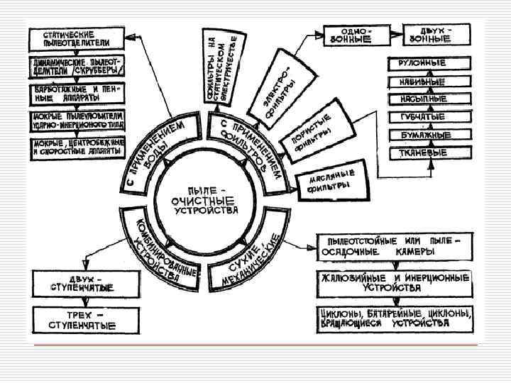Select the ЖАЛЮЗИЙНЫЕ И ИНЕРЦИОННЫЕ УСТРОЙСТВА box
point(395,283)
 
